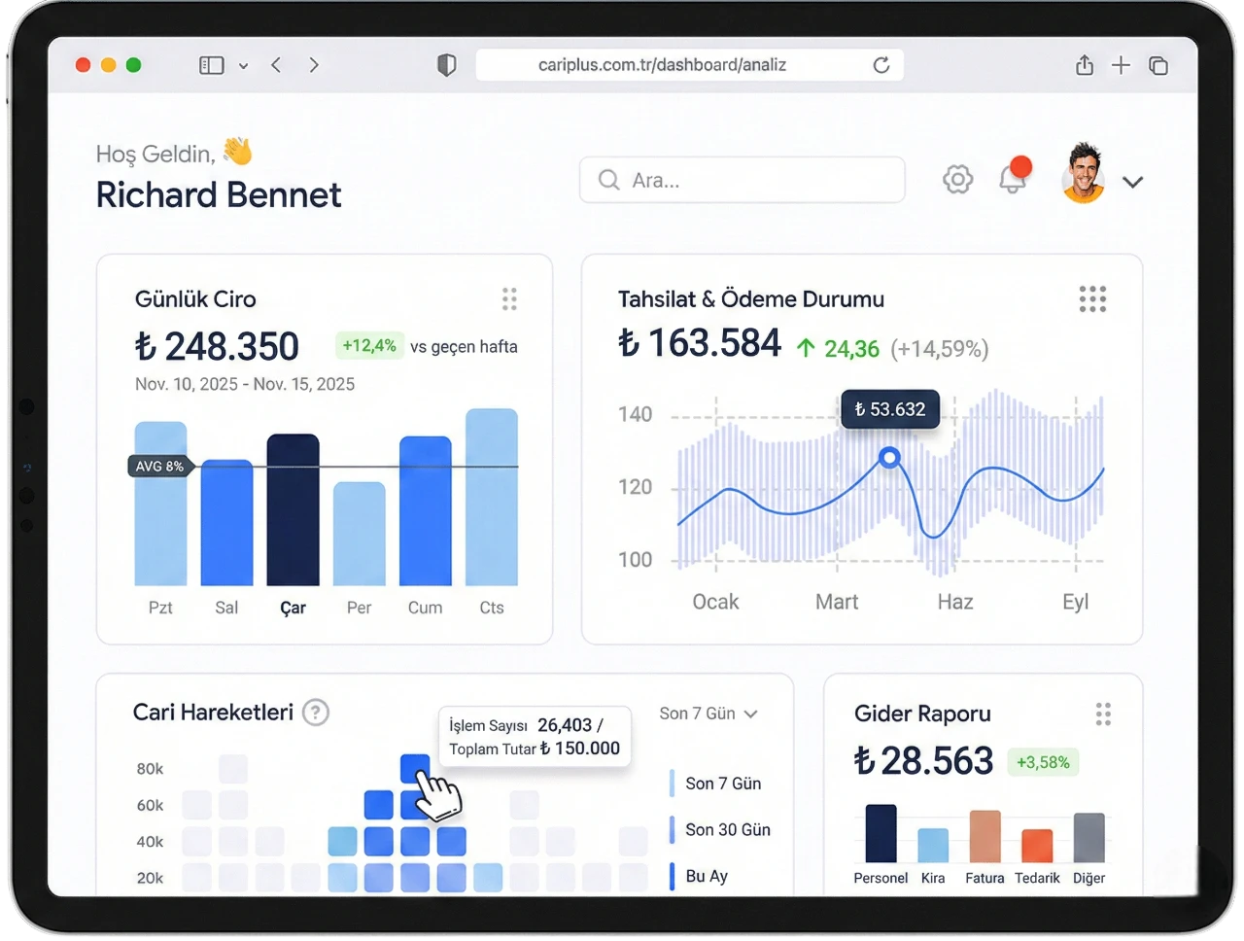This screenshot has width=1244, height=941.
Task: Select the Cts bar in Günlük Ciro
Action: coord(491,497)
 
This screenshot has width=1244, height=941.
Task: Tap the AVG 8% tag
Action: coord(160,467)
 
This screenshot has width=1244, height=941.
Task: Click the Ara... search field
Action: coord(742,180)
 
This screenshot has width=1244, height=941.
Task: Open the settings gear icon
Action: coord(957,180)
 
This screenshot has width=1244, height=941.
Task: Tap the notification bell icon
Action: coord(1013,179)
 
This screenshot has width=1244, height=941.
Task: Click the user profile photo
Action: coord(1084,176)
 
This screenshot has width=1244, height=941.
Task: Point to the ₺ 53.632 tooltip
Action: coord(889,409)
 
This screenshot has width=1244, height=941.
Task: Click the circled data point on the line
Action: coord(888,457)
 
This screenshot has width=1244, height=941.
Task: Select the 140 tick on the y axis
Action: coord(635,415)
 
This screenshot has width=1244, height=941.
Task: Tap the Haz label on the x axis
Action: coord(954,602)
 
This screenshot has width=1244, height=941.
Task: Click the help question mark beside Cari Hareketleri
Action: coord(315,713)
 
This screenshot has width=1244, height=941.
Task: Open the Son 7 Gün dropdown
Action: coord(708,714)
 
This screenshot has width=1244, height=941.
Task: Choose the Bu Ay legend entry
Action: coord(706,876)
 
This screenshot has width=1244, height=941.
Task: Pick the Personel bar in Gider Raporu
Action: coord(881,833)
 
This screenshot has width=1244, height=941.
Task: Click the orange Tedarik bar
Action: coord(1037,846)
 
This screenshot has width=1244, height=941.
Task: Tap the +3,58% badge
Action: coord(1043,762)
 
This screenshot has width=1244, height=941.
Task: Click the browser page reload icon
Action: coord(881,65)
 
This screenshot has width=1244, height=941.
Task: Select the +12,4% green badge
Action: coord(369,346)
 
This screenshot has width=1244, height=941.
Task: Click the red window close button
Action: coord(84,65)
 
